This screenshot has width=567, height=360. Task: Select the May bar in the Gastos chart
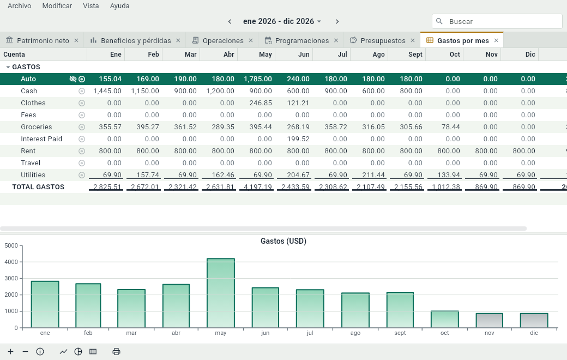tap(221, 293)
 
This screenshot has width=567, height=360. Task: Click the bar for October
tap(445, 319)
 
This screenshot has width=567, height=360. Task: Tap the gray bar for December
tap(534, 321)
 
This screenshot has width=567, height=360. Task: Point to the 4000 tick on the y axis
tap(11, 262)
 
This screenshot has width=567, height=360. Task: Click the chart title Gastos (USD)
tap(283, 241)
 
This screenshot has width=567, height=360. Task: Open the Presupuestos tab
tap(383, 40)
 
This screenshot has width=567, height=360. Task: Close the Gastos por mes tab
tap(496, 40)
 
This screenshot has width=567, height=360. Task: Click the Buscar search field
tap(497, 21)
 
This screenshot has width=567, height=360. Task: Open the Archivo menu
tap(19, 6)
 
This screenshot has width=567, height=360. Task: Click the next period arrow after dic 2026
tap(337, 22)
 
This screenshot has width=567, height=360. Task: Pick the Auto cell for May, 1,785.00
tap(258, 79)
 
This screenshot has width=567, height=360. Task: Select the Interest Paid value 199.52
tap(298, 139)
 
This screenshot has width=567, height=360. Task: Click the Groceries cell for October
tap(450, 127)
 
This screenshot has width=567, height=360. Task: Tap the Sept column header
tap(415, 54)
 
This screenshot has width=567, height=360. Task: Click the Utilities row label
tap(33, 175)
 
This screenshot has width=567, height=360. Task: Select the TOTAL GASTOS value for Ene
tap(107, 187)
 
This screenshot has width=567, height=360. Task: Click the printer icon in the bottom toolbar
tap(116, 352)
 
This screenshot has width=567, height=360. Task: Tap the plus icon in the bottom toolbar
tap(11, 352)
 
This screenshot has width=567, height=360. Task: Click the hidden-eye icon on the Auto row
tap(73, 79)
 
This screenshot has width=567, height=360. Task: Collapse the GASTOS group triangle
tap(8, 67)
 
